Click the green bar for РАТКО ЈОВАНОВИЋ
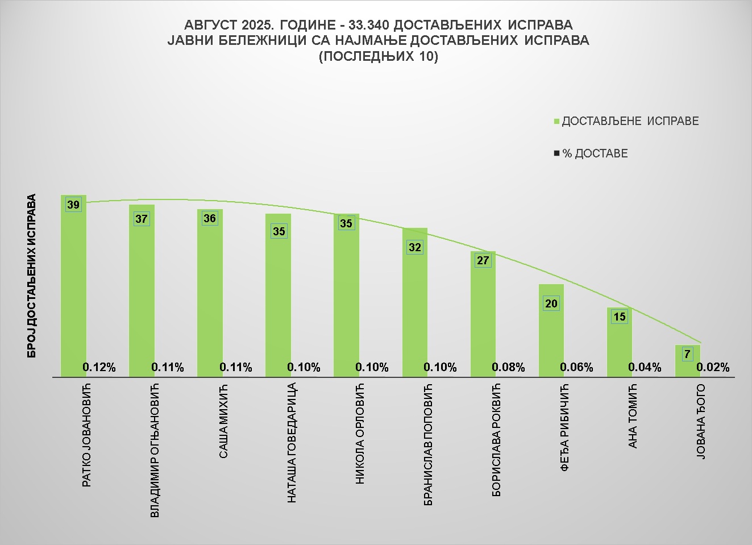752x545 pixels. [73, 284]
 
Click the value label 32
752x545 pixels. [414, 247]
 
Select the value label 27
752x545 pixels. [483, 261]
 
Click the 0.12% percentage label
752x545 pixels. [99, 368]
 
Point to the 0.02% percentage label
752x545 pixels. [713, 368]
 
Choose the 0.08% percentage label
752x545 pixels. [508, 368]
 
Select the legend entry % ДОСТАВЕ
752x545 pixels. [595, 153]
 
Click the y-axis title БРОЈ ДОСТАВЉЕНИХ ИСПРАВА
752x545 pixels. [32, 276]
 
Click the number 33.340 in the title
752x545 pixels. [370, 26]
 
